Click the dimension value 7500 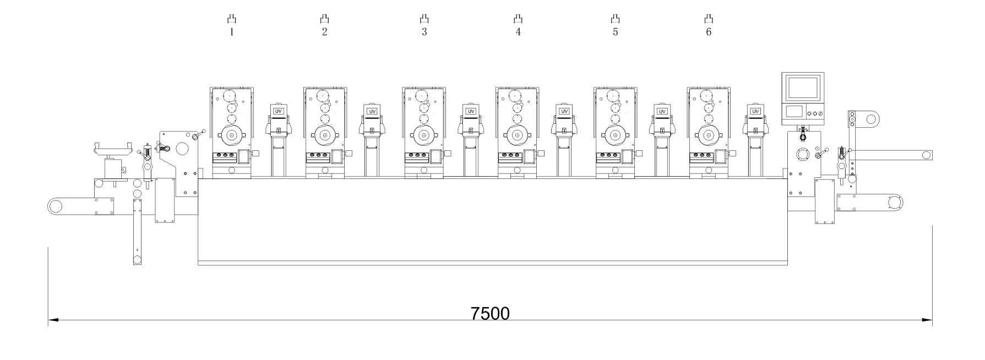490,313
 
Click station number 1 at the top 232,32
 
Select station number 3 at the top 424,32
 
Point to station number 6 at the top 708,32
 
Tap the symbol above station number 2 324,19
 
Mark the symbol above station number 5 615,19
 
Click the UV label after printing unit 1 279,111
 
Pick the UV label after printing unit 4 564,111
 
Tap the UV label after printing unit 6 755,111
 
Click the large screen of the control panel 803,88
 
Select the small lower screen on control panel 793,111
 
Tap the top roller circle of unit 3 422,95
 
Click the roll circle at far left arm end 55,206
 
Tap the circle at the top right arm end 870,118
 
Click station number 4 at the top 518,32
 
